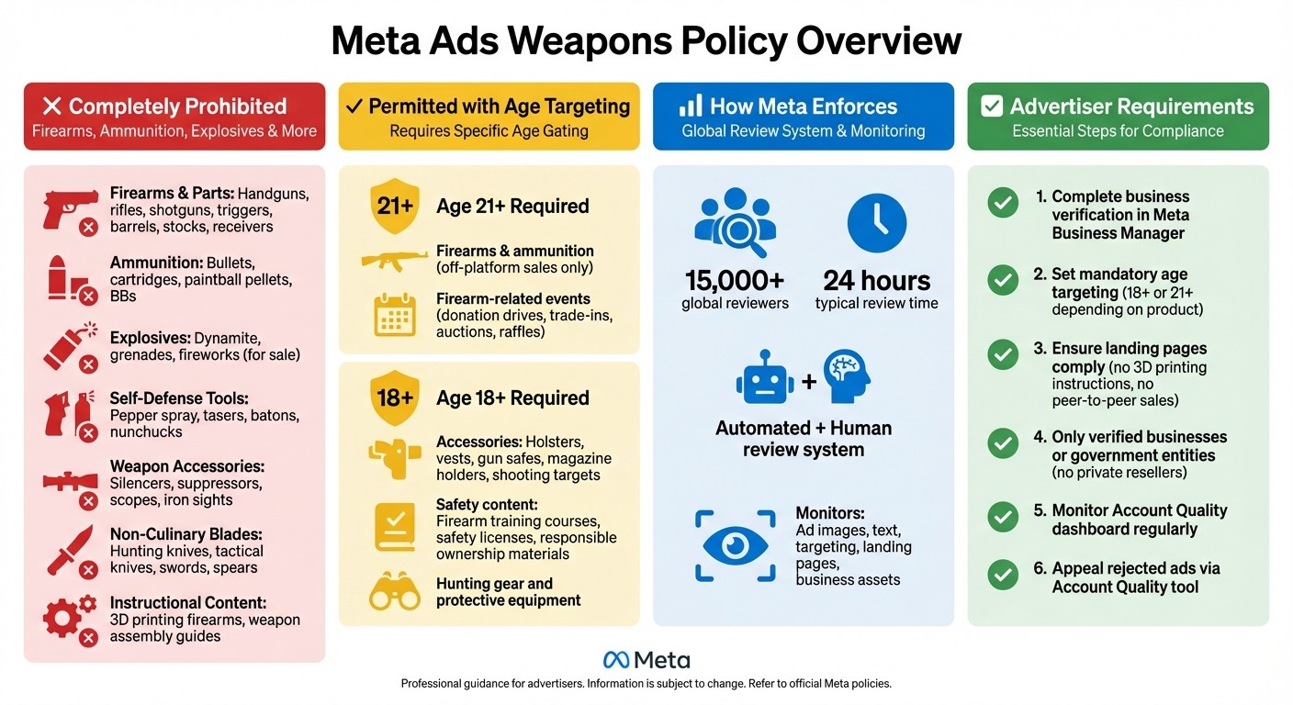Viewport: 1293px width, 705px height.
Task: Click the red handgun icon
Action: click(x=69, y=208)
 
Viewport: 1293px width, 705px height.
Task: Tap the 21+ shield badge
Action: click(x=395, y=207)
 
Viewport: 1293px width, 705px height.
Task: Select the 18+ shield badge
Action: click(x=395, y=397)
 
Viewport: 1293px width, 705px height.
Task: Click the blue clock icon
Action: click(x=876, y=223)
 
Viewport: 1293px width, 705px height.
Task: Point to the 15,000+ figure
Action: click(x=735, y=280)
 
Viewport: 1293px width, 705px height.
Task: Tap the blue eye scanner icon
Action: click(x=735, y=545)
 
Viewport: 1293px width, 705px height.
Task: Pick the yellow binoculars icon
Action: click(x=394, y=592)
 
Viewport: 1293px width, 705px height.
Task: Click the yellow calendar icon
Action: click(x=395, y=315)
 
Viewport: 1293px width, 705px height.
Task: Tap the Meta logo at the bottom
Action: click(x=646, y=660)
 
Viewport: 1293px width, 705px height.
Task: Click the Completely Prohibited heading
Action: click(x=176, y=106)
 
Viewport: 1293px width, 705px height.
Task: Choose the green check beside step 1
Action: click(x=1002, y=202)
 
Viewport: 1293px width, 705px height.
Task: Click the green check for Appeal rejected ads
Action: click(x=1002, y=575)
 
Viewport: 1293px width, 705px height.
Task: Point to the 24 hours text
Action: click(x=876, y=280)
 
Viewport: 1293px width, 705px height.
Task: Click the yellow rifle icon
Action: click(x=395, y=260)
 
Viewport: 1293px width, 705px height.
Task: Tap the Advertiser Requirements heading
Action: click(x=1131, y=106)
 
